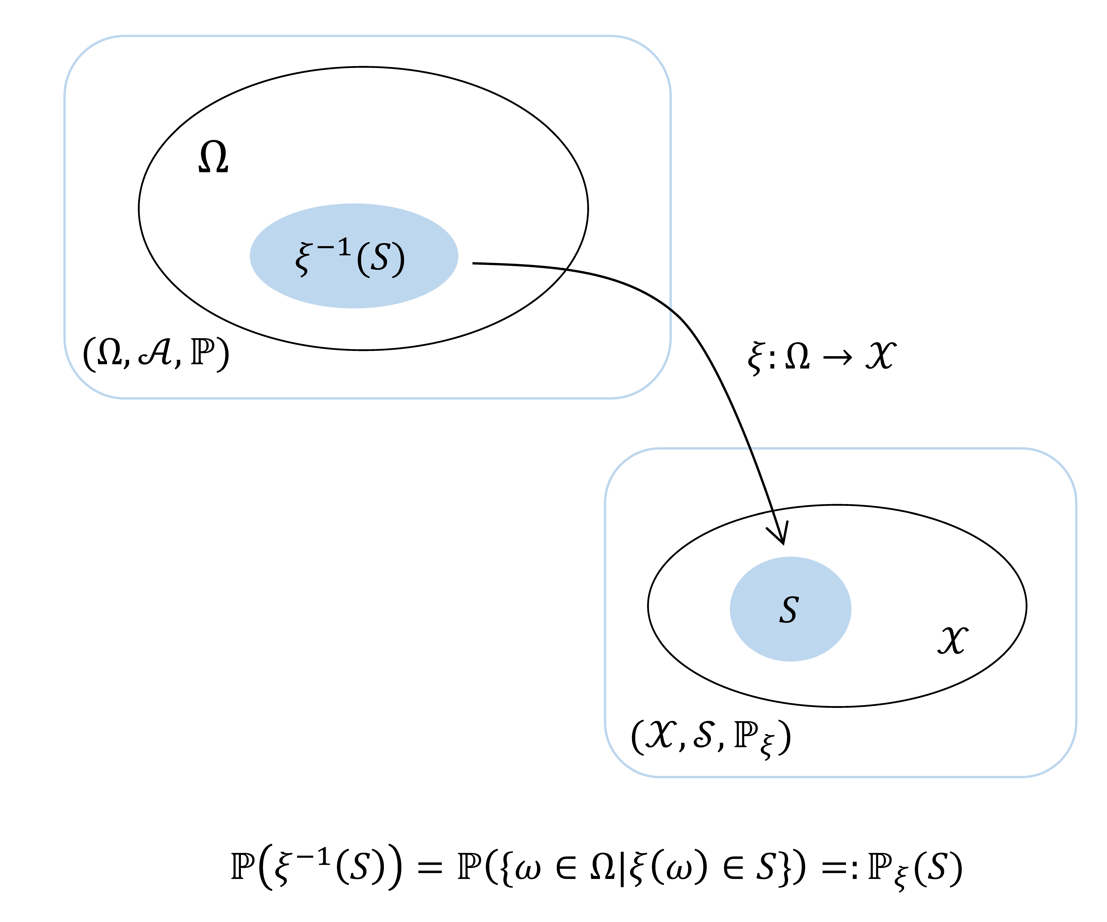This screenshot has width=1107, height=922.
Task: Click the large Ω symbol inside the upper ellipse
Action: [213, 158]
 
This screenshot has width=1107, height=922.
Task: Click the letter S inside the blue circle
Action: [789, 610]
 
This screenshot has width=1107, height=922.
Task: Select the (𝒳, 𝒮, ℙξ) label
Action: [711, 738]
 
